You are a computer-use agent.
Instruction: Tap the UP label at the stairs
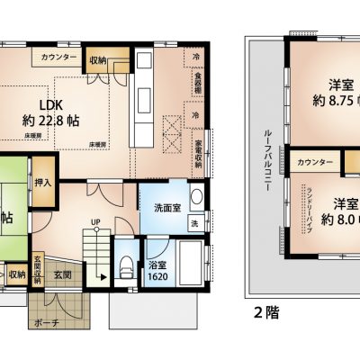[94, 222]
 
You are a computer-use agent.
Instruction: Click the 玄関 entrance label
[61, 274]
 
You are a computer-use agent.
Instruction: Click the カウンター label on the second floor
[318, 162]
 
